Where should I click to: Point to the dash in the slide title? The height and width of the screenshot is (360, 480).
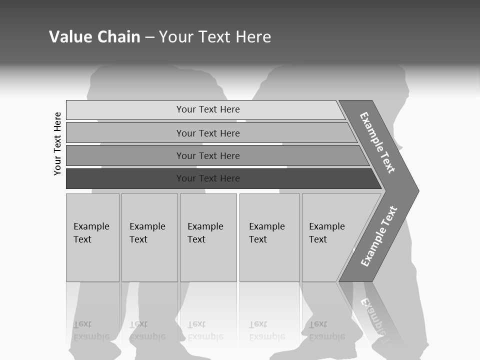tap(149, 37)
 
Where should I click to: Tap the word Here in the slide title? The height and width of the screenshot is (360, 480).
tap(252, 37)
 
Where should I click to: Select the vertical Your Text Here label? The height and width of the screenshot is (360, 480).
tap(57, 143)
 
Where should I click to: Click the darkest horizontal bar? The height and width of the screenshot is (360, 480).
tap(125, 178)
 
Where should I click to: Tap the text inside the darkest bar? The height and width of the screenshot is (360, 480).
tap(208, 178)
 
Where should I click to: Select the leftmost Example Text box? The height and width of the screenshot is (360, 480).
tap(92, 237)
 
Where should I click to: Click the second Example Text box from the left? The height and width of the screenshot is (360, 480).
tap(149, 237)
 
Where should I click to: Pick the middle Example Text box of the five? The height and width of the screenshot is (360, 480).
tap(208, 237)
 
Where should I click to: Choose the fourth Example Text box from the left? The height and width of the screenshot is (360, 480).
tap(269, 237)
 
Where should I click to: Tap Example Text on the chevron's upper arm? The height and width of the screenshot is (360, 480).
tap(377, 142)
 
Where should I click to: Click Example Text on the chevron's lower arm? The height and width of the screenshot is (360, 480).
tap(378, 236)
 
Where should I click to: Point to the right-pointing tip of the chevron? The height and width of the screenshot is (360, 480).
tap(416, 190)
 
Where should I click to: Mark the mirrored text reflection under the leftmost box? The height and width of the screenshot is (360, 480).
tap(91, 330)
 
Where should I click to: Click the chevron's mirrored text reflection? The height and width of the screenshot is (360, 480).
tap(374, 317)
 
